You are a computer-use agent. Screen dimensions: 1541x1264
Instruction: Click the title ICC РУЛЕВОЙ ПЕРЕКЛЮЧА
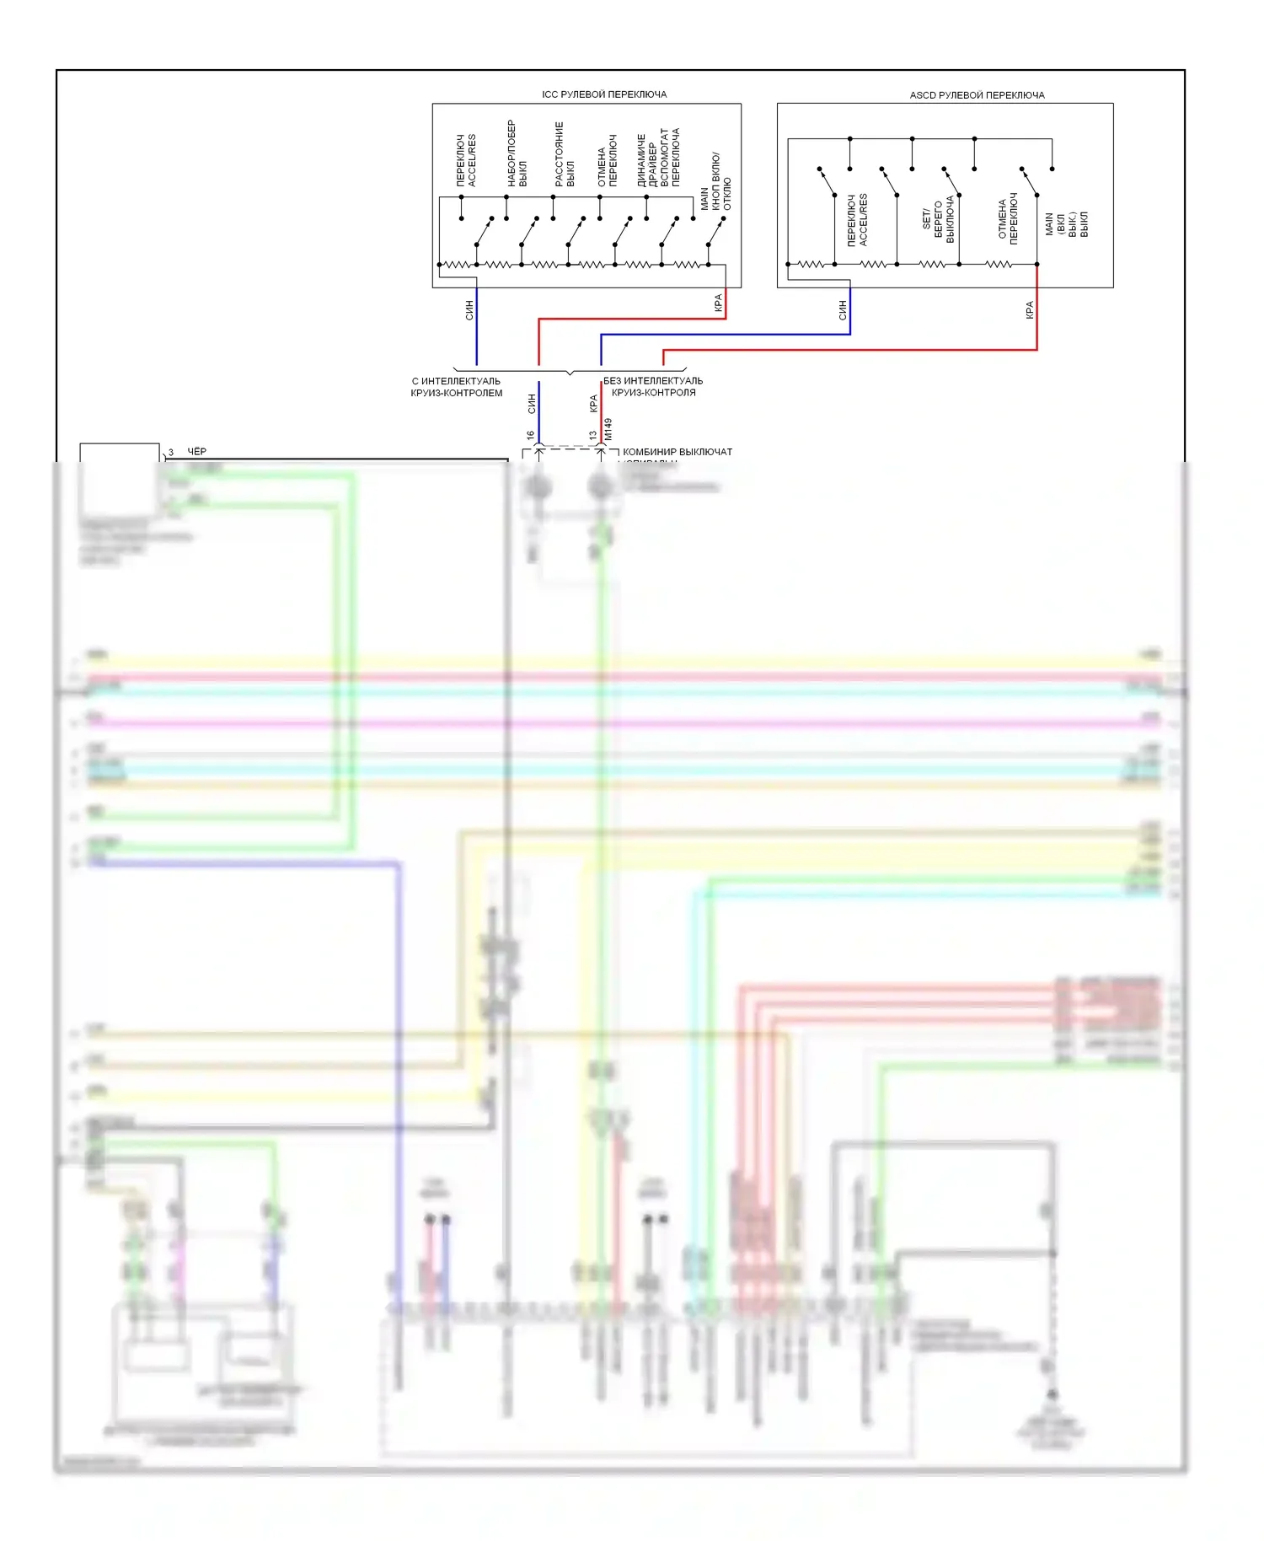pyautogui.click(x=604, y=94)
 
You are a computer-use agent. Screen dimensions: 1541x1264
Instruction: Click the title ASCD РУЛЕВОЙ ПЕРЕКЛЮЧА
pyautogui.click(x=977, y=95)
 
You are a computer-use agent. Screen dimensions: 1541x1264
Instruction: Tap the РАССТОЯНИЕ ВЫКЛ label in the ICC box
pyautogui.click(x=565, y=154)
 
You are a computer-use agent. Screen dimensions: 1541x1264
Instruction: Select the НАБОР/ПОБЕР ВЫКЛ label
pyautogui.click(x=517, y=153)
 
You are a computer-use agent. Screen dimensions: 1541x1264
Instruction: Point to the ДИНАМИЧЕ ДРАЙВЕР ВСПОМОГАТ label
pyautogui.click(x=658, y=158)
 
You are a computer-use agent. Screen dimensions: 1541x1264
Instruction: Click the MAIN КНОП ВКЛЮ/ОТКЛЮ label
pyautogui.click(x=715, y=182)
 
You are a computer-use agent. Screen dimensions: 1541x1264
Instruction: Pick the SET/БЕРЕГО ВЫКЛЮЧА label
pyautogui.click(x=938, y=220)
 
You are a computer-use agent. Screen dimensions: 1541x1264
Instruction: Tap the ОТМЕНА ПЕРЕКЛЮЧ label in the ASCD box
pyautogui.click(x=1008, y=219)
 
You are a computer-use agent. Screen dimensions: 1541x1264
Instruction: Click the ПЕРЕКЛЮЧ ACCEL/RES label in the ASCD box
pyautogui.click(x=857, y=220)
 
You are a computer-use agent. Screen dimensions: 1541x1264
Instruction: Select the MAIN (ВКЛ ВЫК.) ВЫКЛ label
pyautogui.click(x=1066, y=224)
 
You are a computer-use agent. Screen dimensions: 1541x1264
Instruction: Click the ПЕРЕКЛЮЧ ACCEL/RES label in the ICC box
pyautogui.click(x=466, y=160)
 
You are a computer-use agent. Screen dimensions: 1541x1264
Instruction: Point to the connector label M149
pyautogui.click(x=608, y=429)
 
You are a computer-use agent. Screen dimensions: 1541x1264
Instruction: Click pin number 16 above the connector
pyautogui.click(x=530, y=436)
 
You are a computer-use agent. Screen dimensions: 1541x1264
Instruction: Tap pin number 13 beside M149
pyautogui.click(x=593, y=436)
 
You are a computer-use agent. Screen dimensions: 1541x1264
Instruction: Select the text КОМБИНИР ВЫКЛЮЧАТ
pyautogui.click(x=677, y=452)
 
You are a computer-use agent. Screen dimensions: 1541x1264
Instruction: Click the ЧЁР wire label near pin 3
pyautogui.click(x=196, y=452)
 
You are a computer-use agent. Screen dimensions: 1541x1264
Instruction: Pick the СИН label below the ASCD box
pyautogui.click(x=842, y=310)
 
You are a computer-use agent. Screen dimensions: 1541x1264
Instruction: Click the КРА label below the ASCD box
pyautogui.click(x=1029, y=310)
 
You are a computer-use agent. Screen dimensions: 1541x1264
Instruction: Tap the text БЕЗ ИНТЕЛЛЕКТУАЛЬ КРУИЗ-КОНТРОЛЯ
pyautogui.click(x=653, y=387)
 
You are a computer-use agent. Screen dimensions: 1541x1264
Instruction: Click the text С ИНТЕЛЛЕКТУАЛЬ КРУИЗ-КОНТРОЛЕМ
pyautogui.click(x=456, y=387)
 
